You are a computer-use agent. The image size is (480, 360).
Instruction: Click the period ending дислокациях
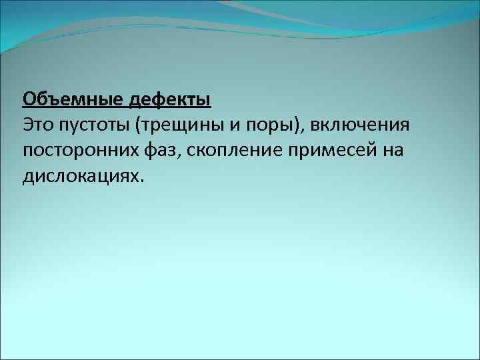tap(141, 179)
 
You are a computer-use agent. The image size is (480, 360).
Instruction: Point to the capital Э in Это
tap(28, 125)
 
